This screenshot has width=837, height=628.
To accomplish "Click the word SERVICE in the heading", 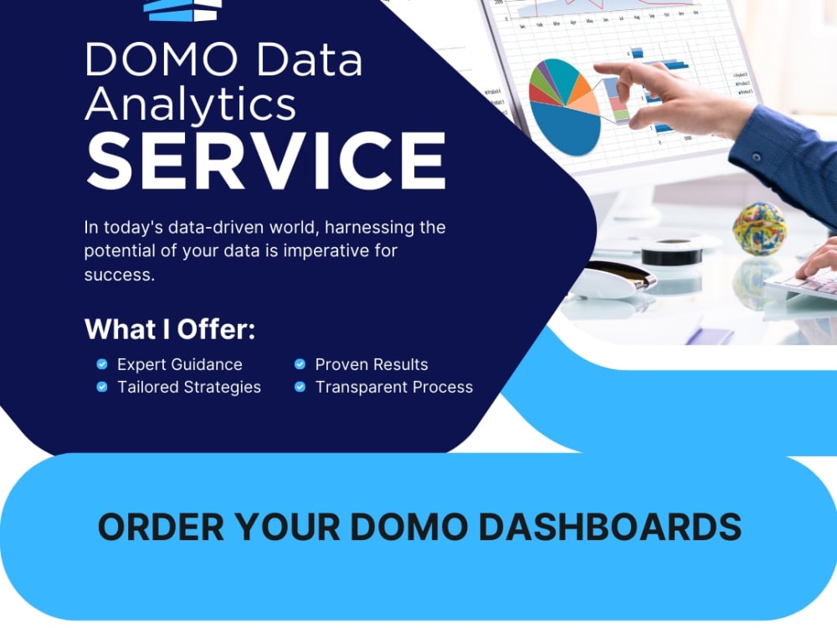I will click(x=266, y=161).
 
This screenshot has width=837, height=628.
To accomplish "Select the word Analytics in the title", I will click(x=191, y=105).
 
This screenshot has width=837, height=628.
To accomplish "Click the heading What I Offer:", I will click(x=170, y=329).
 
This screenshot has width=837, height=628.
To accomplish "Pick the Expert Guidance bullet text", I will click(x=180, y=364).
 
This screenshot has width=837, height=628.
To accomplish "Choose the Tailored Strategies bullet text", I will click(x=189, y=387).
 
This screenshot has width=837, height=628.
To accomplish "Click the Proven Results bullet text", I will click(x=372, y=364).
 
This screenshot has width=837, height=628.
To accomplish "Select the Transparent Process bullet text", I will click(x=394, y=387).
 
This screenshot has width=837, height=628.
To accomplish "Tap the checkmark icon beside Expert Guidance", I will click(x=102, y=364).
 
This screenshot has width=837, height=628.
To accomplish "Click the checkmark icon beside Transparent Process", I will click(x=300, y=387).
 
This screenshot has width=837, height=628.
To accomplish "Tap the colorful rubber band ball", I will click(x=759, y=228).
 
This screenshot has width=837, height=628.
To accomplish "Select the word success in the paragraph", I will click(x=118, y=275).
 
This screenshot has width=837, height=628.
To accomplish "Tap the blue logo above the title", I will click(x=182, y=9).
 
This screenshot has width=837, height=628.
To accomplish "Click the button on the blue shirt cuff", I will click(x=757, y=157).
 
